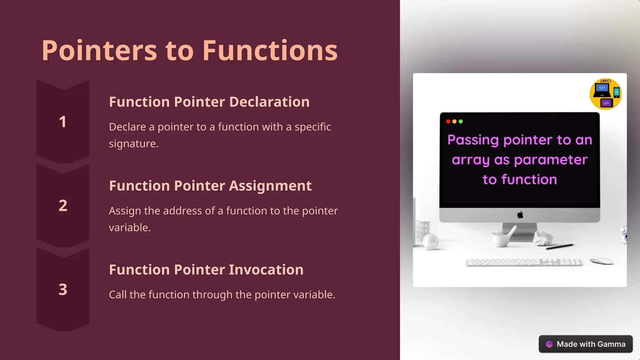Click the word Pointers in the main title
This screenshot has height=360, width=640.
pos(99,51)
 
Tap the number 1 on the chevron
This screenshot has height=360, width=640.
pos(63,122)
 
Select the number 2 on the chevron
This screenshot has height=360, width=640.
pos(63,206)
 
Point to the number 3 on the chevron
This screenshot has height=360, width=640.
pos(63,289)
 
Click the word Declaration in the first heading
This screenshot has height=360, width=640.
pos(269,102)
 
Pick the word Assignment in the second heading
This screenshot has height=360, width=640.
pos(270,186)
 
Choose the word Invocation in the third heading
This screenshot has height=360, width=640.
pos(266,270)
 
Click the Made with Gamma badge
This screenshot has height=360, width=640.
pos(585,344)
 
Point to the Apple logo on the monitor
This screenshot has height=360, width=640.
pos(520,215)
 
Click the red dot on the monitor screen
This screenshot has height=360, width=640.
pos(448,122)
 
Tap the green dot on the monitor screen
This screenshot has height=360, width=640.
pos(461,122)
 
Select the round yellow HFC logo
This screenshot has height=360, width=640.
pos(605,94)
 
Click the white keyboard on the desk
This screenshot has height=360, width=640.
pos(523,262)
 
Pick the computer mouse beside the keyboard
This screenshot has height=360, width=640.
pos(602,261)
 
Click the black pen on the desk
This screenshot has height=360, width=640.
pos(559,247)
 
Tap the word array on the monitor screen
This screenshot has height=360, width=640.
pos(470,160)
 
